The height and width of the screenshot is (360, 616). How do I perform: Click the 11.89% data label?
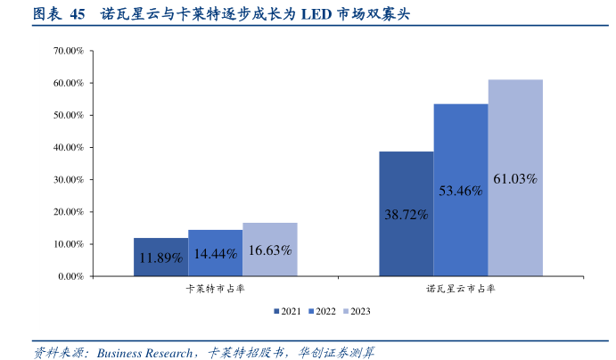pyautogui.click(x=160, y=258)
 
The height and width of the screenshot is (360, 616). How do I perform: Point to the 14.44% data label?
pyautogui.click(x=215, y=254)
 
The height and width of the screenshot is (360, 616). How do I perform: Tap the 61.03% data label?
pyautogui.click(x=515, y=179)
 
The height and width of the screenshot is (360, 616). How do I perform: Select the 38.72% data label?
pyautogui.click(x=406, y=215)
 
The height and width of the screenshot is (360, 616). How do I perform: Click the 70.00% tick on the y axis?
pyautogui.click(x=69, y=52)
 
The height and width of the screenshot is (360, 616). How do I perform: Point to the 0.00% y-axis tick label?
pyautogui.click(x=70, y=276)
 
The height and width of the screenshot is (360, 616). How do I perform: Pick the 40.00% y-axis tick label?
pyautogui.click(x=69, y=148)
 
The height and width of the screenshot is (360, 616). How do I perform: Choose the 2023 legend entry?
pyautogui.click(x=356, y=311)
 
